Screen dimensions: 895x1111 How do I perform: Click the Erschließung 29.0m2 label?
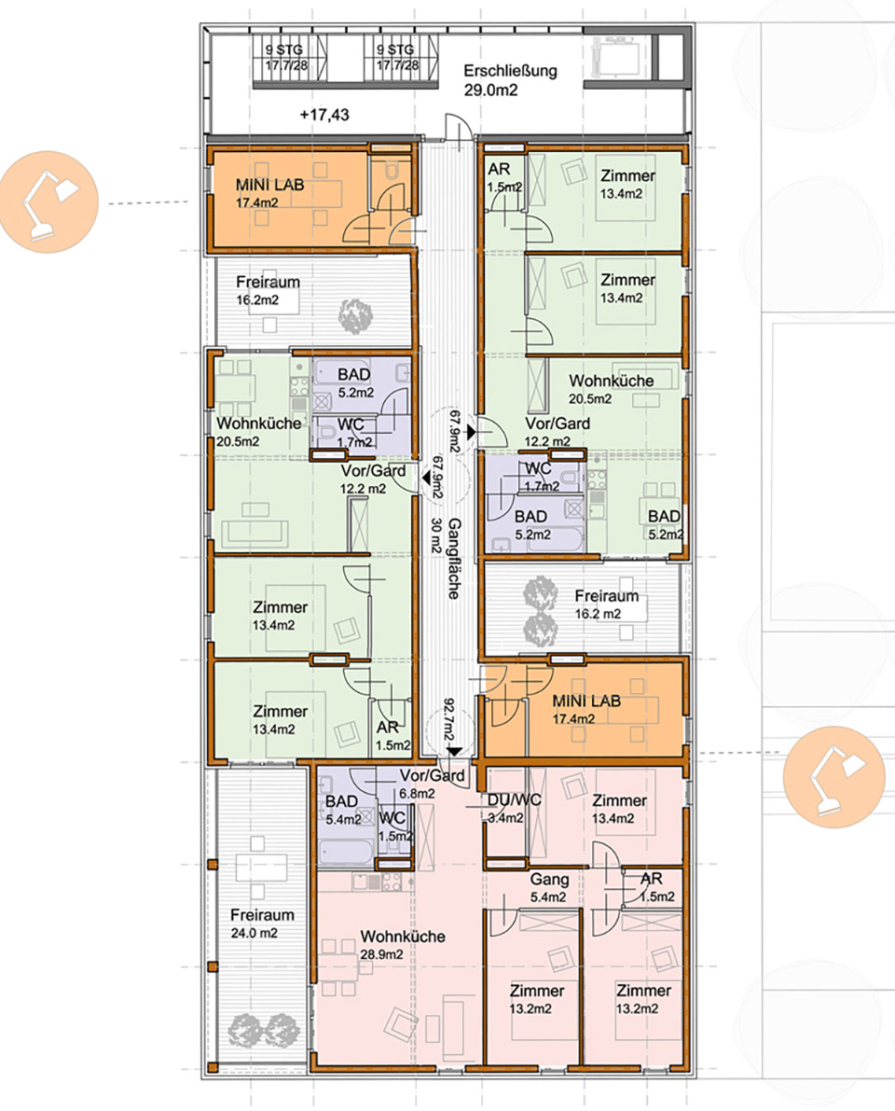(x=511, y=80)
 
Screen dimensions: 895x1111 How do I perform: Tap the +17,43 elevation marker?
(x=324, y=115)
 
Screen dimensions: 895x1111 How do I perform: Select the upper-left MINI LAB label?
(x=269, y=193)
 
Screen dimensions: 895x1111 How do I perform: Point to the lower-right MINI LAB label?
(x=586, y=709)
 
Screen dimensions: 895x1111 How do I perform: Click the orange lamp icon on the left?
(x=48, y=201)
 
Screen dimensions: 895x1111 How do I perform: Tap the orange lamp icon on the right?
(x=834, y=777)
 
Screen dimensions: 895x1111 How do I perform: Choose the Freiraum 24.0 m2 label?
(x=262, y=924)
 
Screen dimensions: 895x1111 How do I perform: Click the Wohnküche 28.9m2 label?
(x=403, y=945)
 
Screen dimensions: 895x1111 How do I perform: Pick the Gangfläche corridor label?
(x=455, y=559)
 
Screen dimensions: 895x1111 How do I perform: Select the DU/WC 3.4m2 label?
(x=514, y=808)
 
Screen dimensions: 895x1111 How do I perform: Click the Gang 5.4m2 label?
(x=549, y=887)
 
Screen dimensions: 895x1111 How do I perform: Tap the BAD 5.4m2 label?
(x=343, y=810)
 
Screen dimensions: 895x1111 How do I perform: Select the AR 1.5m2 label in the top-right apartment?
(x=503, y=177)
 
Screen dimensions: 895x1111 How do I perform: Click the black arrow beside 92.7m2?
(x=454, y=751)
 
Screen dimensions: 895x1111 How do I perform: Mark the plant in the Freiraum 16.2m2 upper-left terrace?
(x=355, y=316)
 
